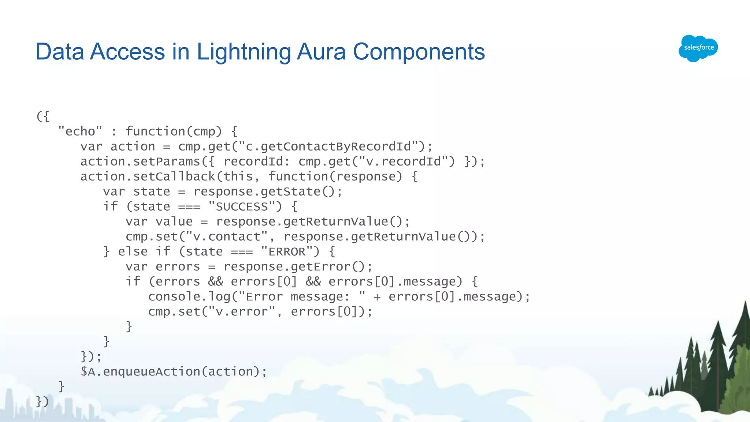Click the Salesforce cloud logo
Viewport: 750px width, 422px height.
[x=698, y=48]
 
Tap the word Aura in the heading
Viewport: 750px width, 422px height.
[x=321, y=52]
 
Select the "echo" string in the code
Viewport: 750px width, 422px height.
[x=80, y=131]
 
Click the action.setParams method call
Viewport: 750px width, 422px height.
[x=140, y=162]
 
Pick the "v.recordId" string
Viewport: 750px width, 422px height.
[x=406, y=162]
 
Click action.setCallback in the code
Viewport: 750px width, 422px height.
[x=148, y=177]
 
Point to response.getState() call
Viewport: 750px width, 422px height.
[x=267, y=192]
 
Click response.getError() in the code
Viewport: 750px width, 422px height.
[x=297, y=267]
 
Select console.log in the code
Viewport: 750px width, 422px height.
[x=189, y=297]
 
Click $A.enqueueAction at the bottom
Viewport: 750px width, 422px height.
[x=140, y=372]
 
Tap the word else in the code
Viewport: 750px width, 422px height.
[x=133, y=252]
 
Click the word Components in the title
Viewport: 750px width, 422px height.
[x=419, y=52]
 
